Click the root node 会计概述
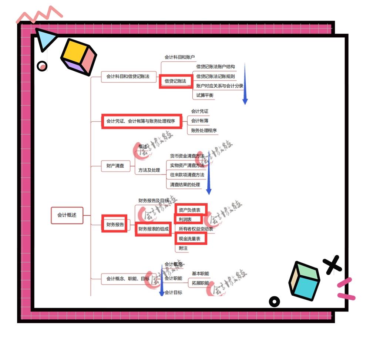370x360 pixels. [x=67, y=215]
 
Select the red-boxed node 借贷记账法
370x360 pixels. [x=175, y=81]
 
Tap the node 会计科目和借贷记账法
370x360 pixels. [x=128, y=77]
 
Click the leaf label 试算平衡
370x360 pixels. [x=205, y=95]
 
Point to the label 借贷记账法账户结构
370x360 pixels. [x=215, y=67]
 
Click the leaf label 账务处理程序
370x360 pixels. [x=204, y=131]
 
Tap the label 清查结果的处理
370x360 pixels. [x=185, y=185]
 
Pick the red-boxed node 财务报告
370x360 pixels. [x=115, y=224]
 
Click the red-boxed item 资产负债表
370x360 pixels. [x=190, y=210]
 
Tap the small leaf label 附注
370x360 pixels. [x=183, y=248]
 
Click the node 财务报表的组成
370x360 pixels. [x=153, y=229]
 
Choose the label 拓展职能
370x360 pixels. [x=200, y=283]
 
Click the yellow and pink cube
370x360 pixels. [x=78, y=56]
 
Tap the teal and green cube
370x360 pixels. [x=304, y=280]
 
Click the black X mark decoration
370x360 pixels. [x=332, y=265]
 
